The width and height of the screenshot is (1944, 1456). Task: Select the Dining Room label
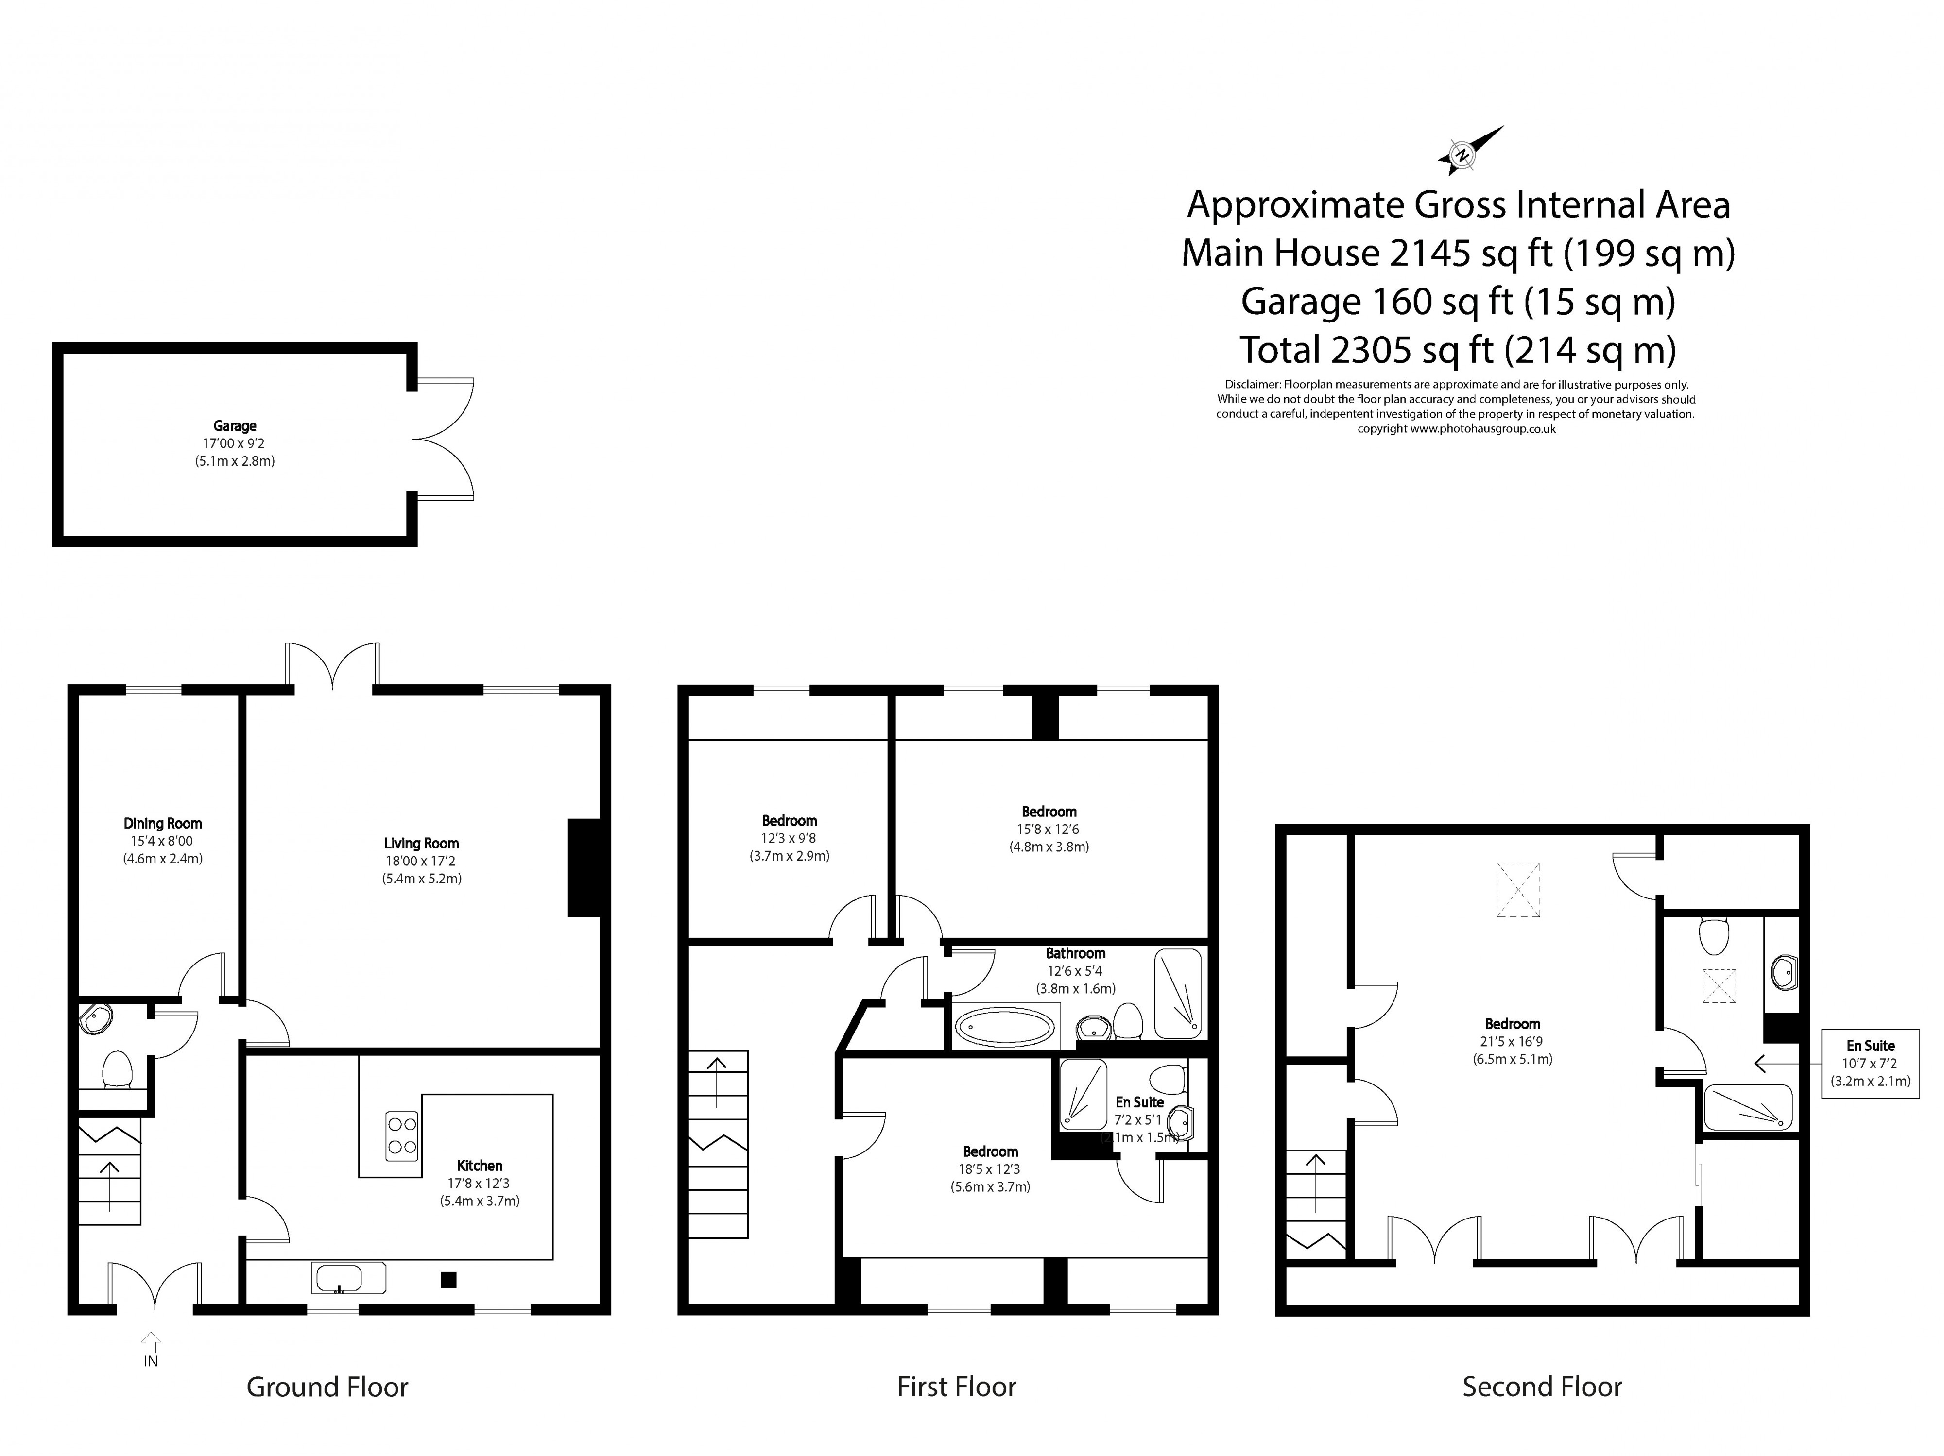point(163,823)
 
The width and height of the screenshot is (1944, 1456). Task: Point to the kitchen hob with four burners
point(402,1135)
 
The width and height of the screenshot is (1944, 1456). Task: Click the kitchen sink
point(348,1278)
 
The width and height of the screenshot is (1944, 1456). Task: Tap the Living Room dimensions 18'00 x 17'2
point(421,861)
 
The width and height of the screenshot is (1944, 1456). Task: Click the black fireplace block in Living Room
point(584,867)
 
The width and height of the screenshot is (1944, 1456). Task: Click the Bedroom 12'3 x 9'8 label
point(789,821)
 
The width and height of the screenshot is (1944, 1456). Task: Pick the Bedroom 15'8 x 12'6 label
point(1049,812)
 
